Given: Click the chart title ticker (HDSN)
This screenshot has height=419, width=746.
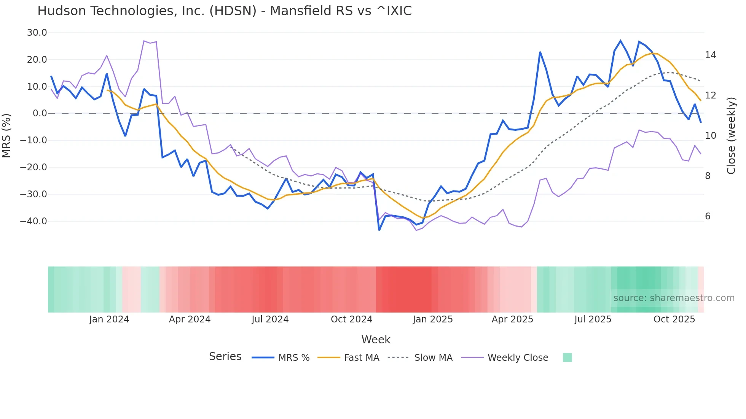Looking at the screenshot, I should [x=233, y=11].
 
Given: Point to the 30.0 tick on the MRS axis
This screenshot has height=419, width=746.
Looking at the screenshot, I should [x=37, y=33].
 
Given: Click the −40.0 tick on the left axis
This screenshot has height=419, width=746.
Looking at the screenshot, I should [x=33, y=221].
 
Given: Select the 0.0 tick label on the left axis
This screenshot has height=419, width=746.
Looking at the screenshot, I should [x=40, y=113].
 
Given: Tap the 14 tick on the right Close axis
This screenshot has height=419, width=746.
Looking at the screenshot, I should [x=710, y=55].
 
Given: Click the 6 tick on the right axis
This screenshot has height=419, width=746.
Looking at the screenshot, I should [x=708, y=216].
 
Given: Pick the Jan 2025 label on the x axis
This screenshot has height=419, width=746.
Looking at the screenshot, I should [x=433, y=319].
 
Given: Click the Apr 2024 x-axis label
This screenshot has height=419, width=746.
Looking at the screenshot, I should [x=190, y=319].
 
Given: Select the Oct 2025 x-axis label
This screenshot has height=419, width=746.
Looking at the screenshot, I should [x=674, y=319].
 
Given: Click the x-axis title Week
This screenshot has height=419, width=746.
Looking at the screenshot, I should [x=376, y=340].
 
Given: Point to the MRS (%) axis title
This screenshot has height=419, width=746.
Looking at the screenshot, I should [x=6, y=135].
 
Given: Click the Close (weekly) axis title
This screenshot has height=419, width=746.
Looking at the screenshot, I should [x=731, y=135].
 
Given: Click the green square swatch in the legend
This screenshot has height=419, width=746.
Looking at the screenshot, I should [x=567, y=357].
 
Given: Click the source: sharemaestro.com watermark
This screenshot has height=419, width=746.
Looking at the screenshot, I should [x=674, y=298].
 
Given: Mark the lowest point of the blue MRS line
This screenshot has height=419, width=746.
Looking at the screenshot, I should [x=379, y=230].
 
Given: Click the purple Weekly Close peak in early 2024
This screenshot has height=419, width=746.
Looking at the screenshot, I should [x=144, y=41].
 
